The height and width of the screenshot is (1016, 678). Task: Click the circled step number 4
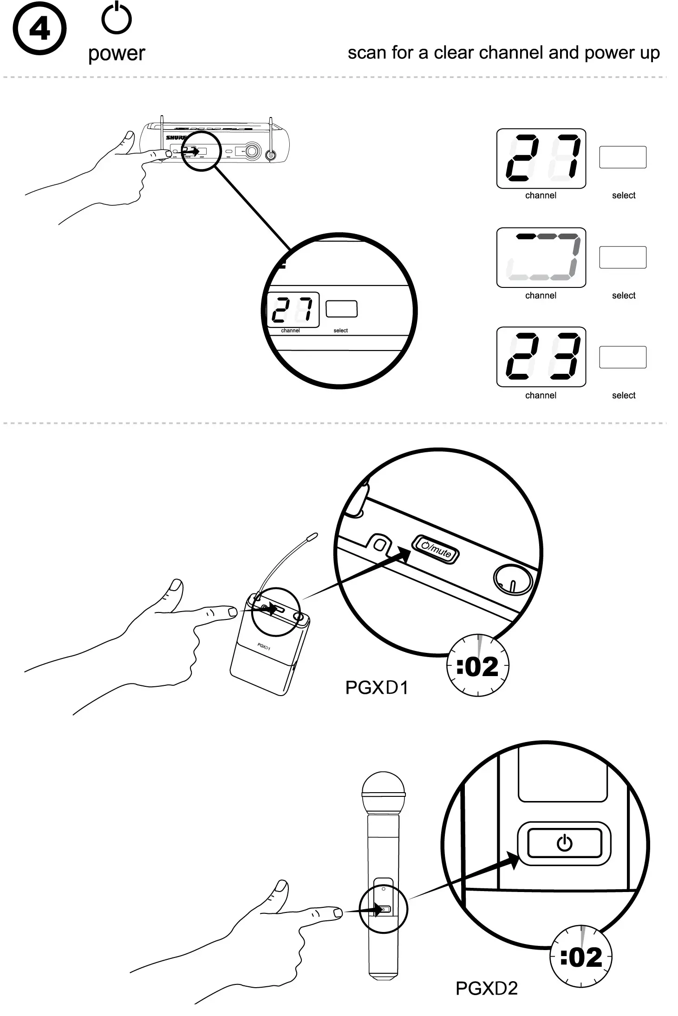coord(39,28)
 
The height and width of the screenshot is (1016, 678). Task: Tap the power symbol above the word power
coord(117,19)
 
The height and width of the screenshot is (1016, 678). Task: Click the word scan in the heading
coord(367,53)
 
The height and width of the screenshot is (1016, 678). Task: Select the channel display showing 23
coord(541,357)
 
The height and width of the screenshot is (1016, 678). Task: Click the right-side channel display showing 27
coord(541,158)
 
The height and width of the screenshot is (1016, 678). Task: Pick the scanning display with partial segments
coord(541,257)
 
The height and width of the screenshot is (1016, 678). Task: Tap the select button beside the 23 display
coord(623,357)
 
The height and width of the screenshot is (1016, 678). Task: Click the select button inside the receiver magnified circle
coord(341,309)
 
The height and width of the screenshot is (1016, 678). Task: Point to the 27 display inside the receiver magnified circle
coord(293,310)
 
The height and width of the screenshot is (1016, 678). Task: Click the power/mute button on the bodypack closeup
coord(436,549)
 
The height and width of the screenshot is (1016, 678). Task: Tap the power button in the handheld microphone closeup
coord(564,843)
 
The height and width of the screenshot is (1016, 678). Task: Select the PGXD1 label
coord(377,688)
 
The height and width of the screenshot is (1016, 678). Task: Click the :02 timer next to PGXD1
coord(478,666)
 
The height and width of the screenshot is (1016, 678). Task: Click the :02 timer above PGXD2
coord(581,957)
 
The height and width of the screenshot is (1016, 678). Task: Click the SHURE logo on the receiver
coord(176,138)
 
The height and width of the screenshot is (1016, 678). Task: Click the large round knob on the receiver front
coord(253,151)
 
